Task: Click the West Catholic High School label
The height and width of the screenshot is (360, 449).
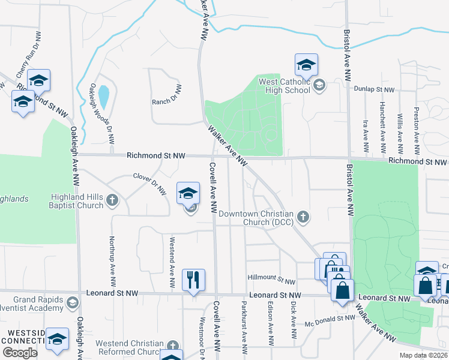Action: tap(283, 85)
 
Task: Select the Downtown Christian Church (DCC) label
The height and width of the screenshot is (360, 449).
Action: tap(256, 218)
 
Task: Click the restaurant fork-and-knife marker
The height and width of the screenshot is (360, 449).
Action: tap(194, 280)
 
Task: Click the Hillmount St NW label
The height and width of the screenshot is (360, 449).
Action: tap(271, 280)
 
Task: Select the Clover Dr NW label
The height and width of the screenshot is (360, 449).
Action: tap(149, 184)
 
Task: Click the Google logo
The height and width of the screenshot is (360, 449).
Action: tap(20, 353)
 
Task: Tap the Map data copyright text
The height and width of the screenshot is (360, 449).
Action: tap(423, 355)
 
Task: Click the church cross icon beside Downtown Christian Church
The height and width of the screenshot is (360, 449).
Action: tap(304, 217)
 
